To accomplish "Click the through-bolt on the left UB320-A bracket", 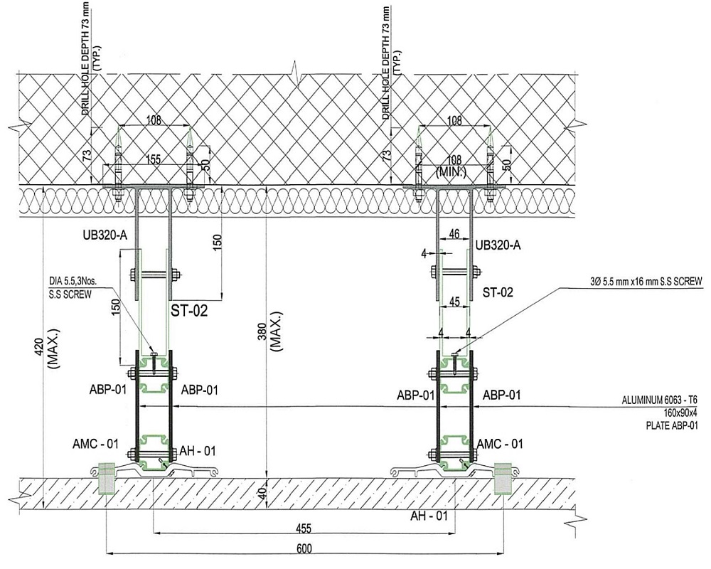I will pos(153,273).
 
